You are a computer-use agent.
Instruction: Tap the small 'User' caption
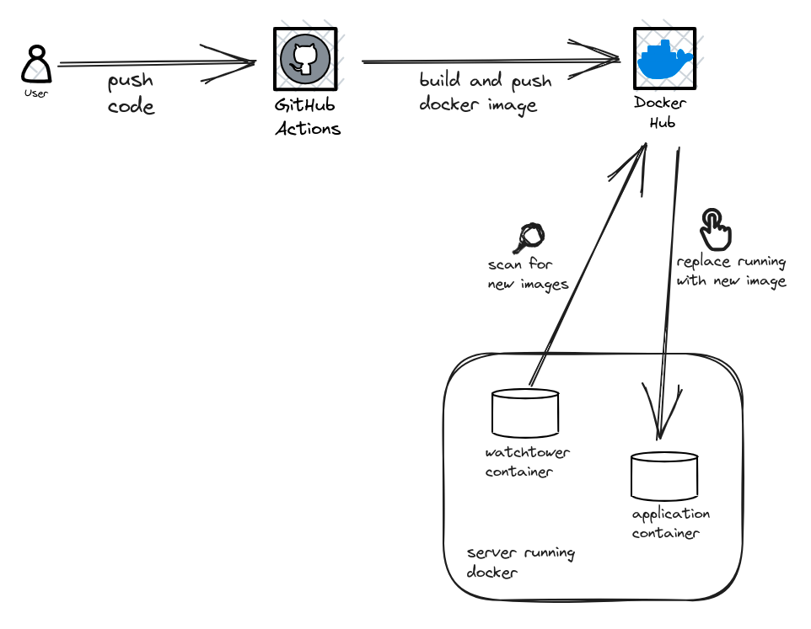tap(36, 93)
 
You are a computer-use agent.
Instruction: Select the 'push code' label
tap(131, 93)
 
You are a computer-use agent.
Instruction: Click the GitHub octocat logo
tap(304, 59)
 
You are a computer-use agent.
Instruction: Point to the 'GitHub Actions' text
tap(308, 117)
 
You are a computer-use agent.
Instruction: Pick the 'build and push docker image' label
tap(485, 93)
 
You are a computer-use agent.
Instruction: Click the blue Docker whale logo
tap(664, 59)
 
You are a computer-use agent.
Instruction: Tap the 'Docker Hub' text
tap(660, 113)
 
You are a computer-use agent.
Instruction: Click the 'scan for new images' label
tap(528, 275)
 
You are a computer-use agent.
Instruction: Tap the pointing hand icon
tap(715, 229)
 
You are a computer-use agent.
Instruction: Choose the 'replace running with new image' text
tap(731, 271)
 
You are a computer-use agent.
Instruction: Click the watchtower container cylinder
tap(525, 413)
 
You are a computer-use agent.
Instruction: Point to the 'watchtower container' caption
tap(527, 462)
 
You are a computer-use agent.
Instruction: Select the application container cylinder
tap(664, 476)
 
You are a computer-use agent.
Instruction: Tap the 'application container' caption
tap(671, 523)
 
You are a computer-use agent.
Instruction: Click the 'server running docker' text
tap(520, 562)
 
